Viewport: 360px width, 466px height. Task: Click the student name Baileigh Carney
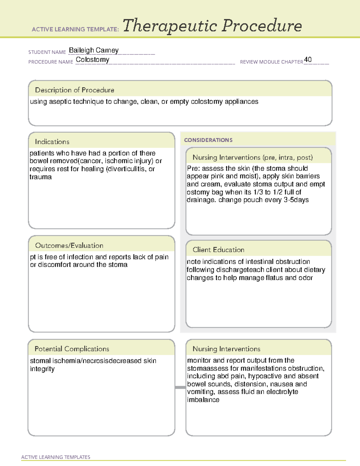pos(94,50)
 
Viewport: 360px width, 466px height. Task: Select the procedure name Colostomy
pos(92,59)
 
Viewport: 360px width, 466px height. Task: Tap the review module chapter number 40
pos(308,59)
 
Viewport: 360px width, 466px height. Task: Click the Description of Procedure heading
pos(74,90)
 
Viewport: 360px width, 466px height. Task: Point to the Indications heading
pos(52,142)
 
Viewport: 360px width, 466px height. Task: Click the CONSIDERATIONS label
pos(208,140)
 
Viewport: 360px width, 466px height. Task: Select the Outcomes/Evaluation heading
pos(69,245)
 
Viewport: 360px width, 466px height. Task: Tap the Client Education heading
pos(218,250)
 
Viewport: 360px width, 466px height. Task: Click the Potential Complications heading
pos(72,349)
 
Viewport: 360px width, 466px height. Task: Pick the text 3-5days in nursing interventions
pos(296,200)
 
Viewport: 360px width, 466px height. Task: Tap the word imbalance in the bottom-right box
pos(203,400)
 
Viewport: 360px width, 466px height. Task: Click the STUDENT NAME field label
pos(47,52)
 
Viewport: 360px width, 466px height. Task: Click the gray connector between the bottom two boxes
pos(180,387)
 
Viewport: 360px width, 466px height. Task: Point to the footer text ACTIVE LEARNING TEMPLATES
pos(56,457)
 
